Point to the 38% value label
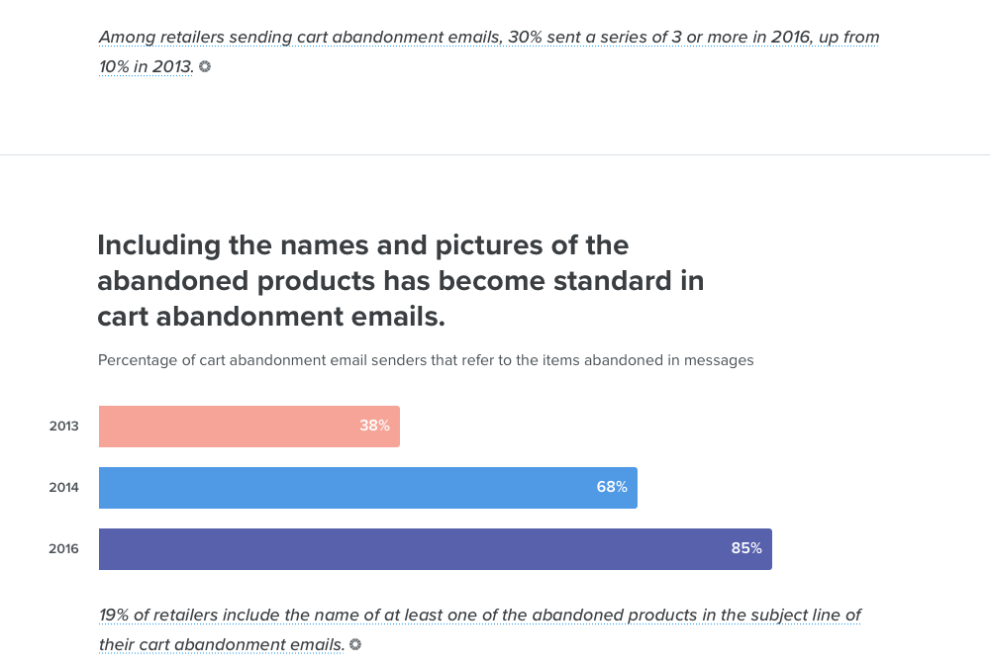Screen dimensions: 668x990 (374, 427)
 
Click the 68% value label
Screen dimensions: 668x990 (612, 488)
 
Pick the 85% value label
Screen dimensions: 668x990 (746, 549)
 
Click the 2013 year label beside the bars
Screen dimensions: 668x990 (64, 427)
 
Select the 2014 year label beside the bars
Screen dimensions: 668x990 (64, 488)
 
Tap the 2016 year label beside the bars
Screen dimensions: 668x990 (64, 549)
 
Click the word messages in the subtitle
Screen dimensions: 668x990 (719, 360)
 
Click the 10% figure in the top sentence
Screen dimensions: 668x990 (118, 67)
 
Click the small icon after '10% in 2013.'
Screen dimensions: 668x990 (205, 67)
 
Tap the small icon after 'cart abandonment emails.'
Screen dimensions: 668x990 (355, 644)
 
